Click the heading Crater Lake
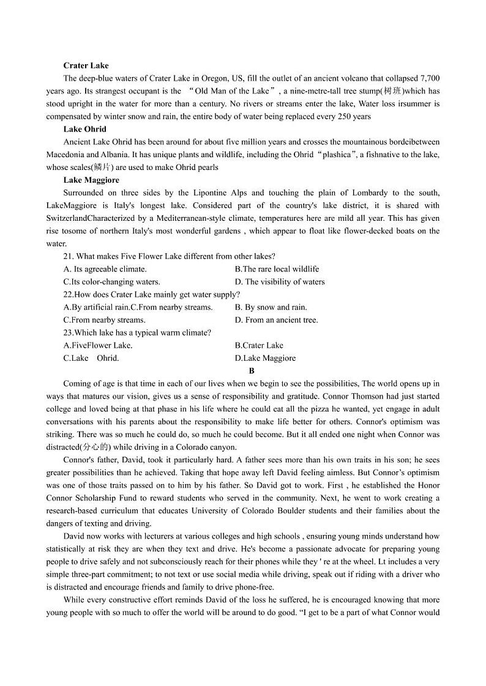tap(86, 65)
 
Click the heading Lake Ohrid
tap(84, 129)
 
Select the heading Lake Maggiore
tap(91, 180)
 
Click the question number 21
tap(68, 256)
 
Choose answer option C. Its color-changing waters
tap(112, 282)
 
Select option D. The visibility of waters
tap(280, 282)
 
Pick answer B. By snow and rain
tap(271, 307)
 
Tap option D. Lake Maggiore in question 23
tap(265, 358)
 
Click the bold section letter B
tap(252, 371)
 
